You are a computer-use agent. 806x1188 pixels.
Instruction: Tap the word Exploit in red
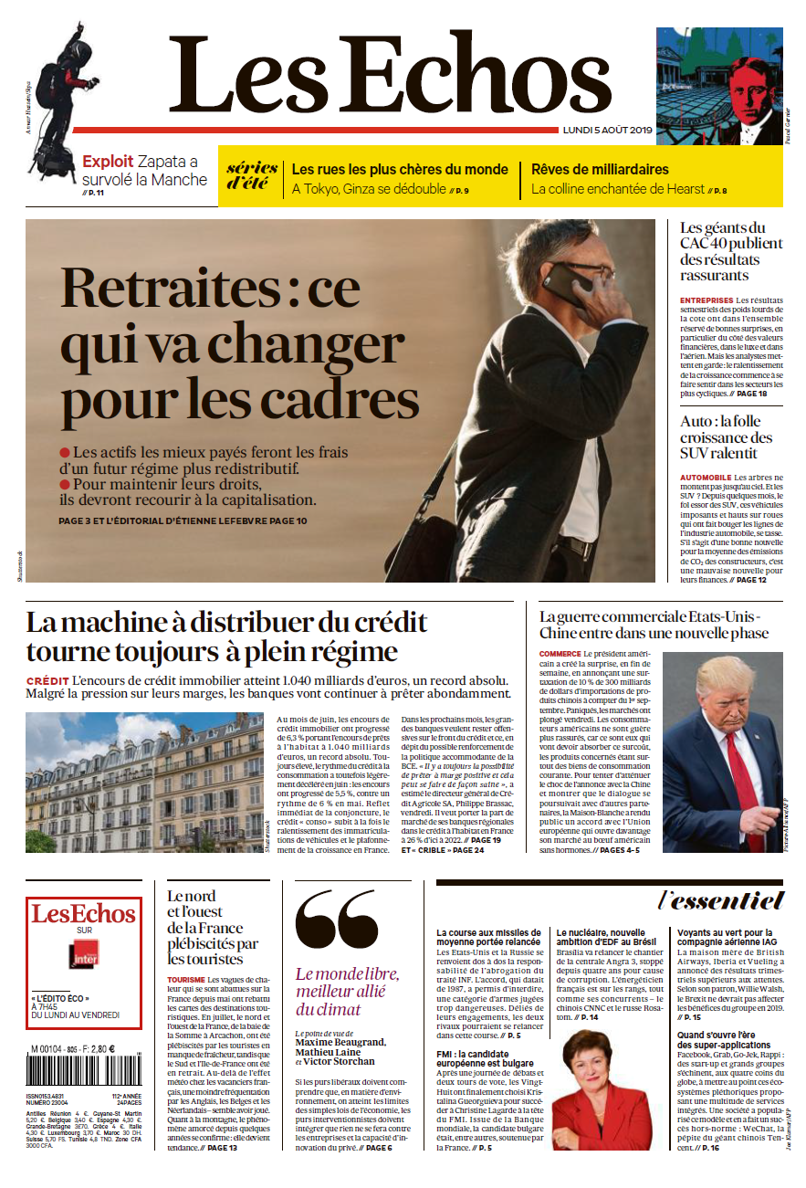[x=108, y=162]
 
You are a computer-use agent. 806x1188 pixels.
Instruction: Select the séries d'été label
[x=251, y=173]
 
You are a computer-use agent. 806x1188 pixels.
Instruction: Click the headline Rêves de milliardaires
[x=600, y=169]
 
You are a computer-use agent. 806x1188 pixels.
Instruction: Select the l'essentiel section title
[x=721, y=900]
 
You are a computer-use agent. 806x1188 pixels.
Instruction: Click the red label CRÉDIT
[x=47, y=681]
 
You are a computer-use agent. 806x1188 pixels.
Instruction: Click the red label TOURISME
[x=186, y=979]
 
